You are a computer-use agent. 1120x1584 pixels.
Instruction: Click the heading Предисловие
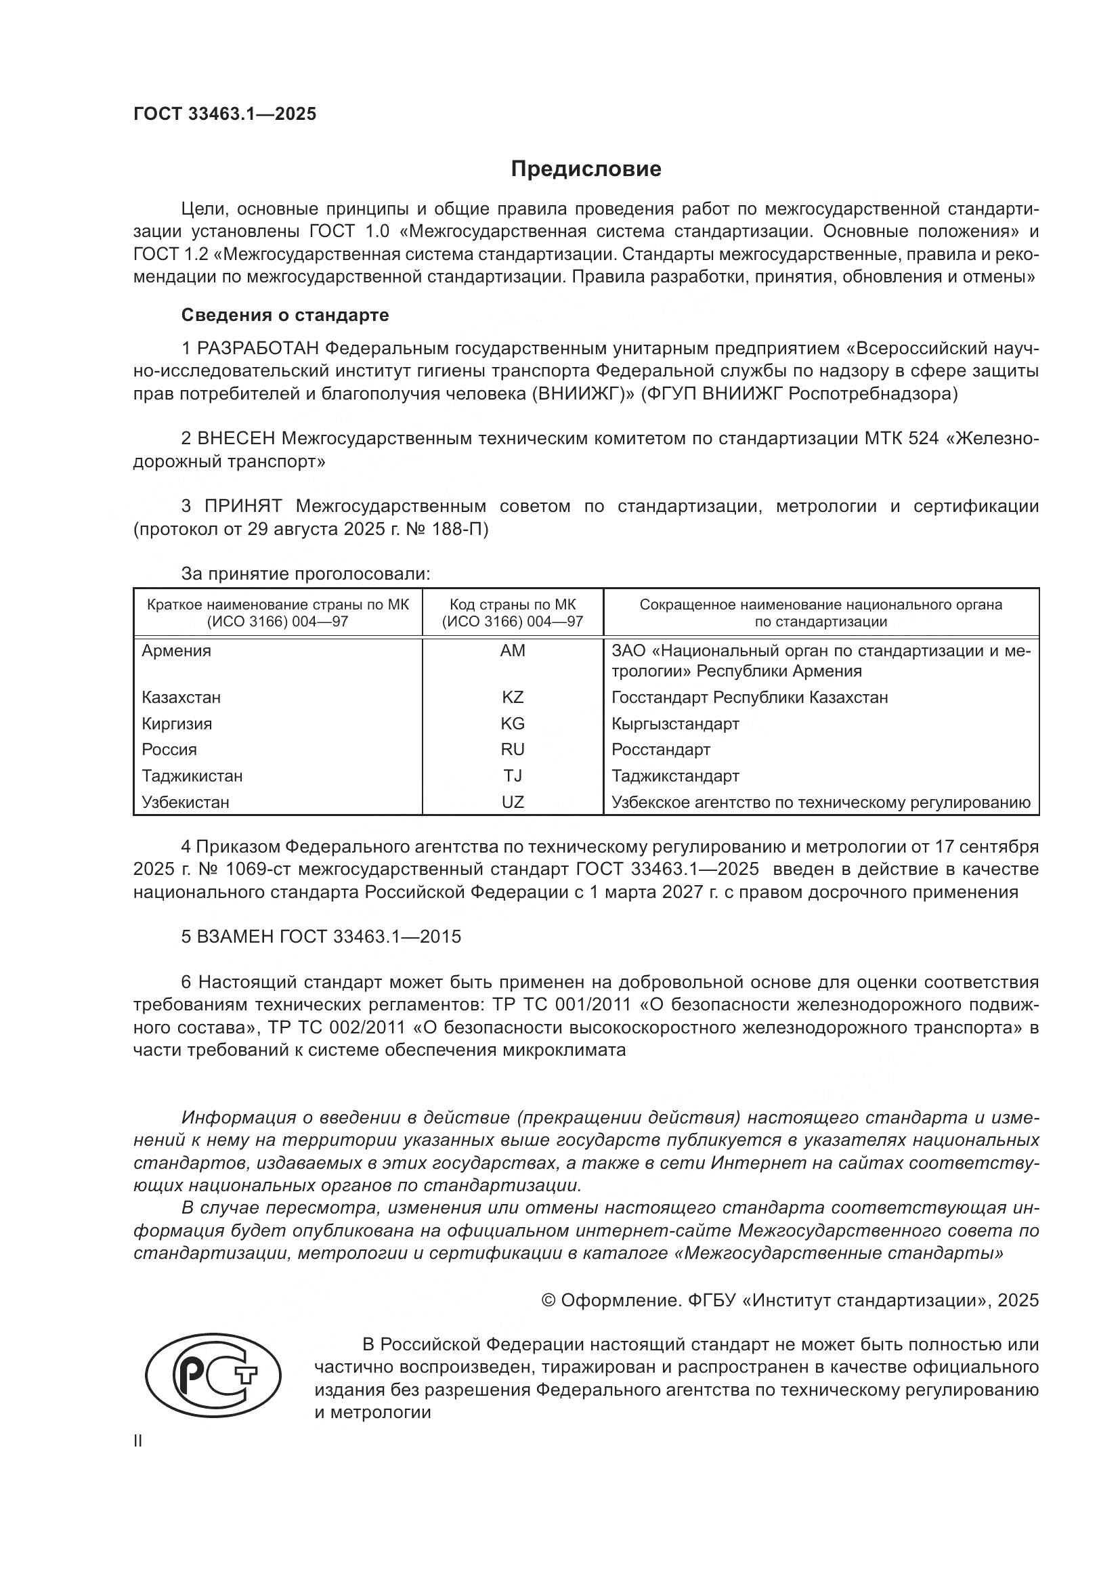click(586, 169)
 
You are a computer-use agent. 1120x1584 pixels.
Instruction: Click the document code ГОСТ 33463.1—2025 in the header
click(225, 114)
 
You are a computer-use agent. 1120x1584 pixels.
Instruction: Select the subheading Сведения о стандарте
click(285, 316)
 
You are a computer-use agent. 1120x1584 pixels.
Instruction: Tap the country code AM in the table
click(513, 651)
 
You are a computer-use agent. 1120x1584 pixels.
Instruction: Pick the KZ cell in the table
click(513, 698)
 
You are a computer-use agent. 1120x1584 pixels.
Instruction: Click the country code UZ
click(513, 802)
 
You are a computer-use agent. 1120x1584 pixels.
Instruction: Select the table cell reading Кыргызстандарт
click(675, 724)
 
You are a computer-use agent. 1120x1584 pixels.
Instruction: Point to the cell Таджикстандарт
click(675, 776)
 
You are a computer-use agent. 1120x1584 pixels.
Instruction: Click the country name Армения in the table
click(177, 651)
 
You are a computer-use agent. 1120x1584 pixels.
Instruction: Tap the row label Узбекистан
click(186, 802)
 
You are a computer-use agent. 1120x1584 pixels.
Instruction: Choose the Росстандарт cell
click(661, 750)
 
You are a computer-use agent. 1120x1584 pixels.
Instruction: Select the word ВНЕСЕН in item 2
click(237, 439)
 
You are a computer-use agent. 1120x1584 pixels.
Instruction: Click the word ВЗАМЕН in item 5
click(236, 937)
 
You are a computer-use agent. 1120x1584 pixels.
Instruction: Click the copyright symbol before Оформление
click(549, 1301)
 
